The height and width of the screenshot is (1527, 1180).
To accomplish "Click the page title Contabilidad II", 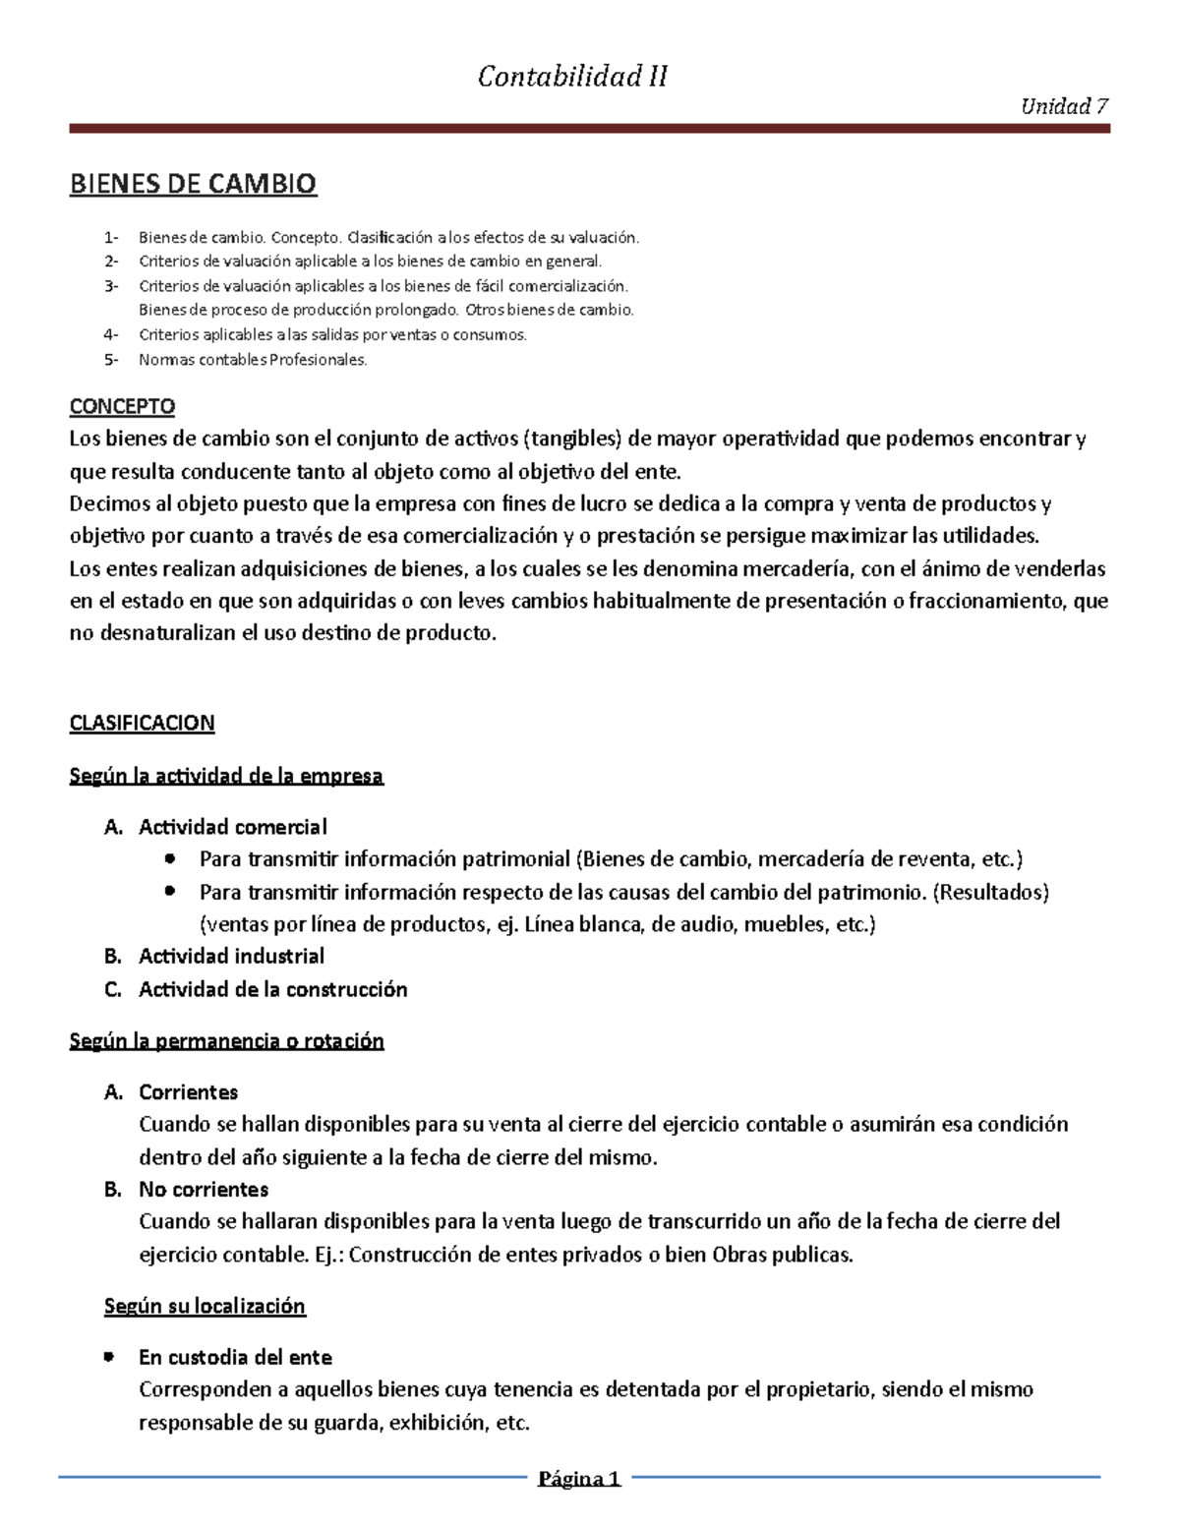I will pyautogui.click(x=572, y=77).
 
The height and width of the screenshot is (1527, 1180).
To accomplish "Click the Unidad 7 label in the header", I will pyautogui.click(x=1065, y=106).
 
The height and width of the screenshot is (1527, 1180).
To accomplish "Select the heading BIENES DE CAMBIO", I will pyautogui.click(x=193, y=184).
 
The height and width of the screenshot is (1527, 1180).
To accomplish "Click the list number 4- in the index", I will pyautogui.click(x=111, y=334).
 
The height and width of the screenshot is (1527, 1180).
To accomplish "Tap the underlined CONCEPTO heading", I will pyautogui.click(x=122, y=406).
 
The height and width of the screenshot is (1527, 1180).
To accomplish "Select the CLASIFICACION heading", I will pyautogui.click(x=142, y=723).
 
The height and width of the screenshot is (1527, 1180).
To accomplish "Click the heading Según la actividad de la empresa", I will pyautogui.click(x=226, y=776).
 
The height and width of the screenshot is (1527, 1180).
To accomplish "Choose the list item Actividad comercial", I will pyautogui.click(x=233, y=827).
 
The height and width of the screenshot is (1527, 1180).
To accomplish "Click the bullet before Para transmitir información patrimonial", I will pyautogui.click(x=171, y=858).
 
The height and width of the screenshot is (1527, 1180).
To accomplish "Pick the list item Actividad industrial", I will pyautogui.click(x=231, y=956).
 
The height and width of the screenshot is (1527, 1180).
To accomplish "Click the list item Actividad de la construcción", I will pyautogui.click(x=272, y=989).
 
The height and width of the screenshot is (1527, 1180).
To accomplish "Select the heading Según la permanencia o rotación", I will pyautogui.click(x=226, y=1040).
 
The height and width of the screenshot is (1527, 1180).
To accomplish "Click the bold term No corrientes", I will pyautogui.click(x=204, y=1189).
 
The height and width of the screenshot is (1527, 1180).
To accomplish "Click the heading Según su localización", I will pyautogui.click(x=205, y=1306).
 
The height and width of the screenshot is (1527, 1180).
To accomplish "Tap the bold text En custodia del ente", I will pyautogui.click(x=235, y=1357).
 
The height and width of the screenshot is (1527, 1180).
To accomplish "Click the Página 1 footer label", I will pyautogui.click(x=579, y=1478).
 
